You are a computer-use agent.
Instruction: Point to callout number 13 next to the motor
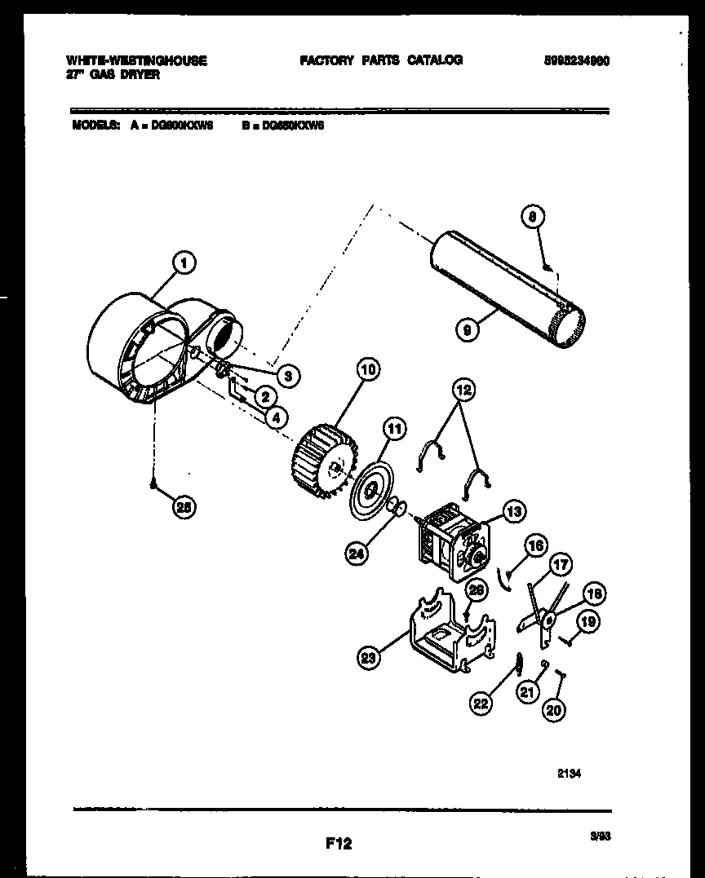coord(513,512)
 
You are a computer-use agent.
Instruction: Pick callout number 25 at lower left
coord(184,507)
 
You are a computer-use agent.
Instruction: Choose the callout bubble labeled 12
coord(463,391)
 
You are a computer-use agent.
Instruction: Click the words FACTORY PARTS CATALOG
coord(381,60)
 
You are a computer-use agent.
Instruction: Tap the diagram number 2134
coord(570,775)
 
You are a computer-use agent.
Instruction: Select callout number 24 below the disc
coord(357,554)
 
